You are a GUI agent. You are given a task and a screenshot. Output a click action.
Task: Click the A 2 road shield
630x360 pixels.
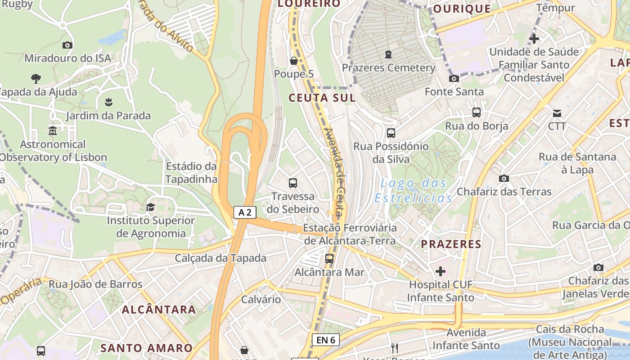tap(245, 212)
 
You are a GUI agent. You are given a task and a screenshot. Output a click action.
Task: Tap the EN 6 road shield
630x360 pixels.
tap(325, 340)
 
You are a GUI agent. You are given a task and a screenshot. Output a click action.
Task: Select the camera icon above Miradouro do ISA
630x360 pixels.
tap(67, 45)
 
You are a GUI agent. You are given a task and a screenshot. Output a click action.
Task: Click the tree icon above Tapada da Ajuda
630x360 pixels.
tap(36, 79)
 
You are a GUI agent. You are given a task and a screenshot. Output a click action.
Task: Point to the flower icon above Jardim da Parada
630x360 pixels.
tap(108, 102)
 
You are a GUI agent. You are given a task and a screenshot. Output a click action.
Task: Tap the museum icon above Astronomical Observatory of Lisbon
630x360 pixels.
tap(53, 131)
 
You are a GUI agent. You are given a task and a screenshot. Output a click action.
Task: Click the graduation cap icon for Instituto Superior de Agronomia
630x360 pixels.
tap(150, 207)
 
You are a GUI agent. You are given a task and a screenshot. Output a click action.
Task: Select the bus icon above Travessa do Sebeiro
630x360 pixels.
tap(293, 183)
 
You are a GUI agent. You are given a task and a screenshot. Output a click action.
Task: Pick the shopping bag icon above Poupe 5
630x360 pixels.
tap(294, 61)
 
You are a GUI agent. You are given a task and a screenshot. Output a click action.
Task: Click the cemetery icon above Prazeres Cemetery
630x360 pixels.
tap(388, 55)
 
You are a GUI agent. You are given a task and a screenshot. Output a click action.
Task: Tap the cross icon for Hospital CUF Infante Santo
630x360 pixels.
tap(441, 271)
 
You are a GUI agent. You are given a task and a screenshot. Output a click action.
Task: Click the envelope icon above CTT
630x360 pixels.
tap(557, 113)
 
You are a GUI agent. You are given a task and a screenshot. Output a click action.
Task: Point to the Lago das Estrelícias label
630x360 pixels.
tap(414, 190)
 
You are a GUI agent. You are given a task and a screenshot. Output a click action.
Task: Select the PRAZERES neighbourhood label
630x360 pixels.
tap(451, 244)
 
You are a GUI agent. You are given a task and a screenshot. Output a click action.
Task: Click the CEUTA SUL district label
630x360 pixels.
tap(322, 98)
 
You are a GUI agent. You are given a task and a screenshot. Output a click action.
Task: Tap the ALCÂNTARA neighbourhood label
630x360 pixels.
tap(159, 310)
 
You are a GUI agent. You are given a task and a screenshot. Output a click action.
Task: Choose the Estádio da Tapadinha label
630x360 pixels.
tap(191, 173)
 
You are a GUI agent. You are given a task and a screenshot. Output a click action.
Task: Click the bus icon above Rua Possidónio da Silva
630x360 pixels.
tap(391, 133)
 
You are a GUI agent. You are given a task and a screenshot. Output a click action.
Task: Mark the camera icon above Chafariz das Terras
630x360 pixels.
tap(504, 178)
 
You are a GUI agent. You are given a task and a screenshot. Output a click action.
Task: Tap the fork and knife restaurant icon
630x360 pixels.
tap(395, 348)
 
